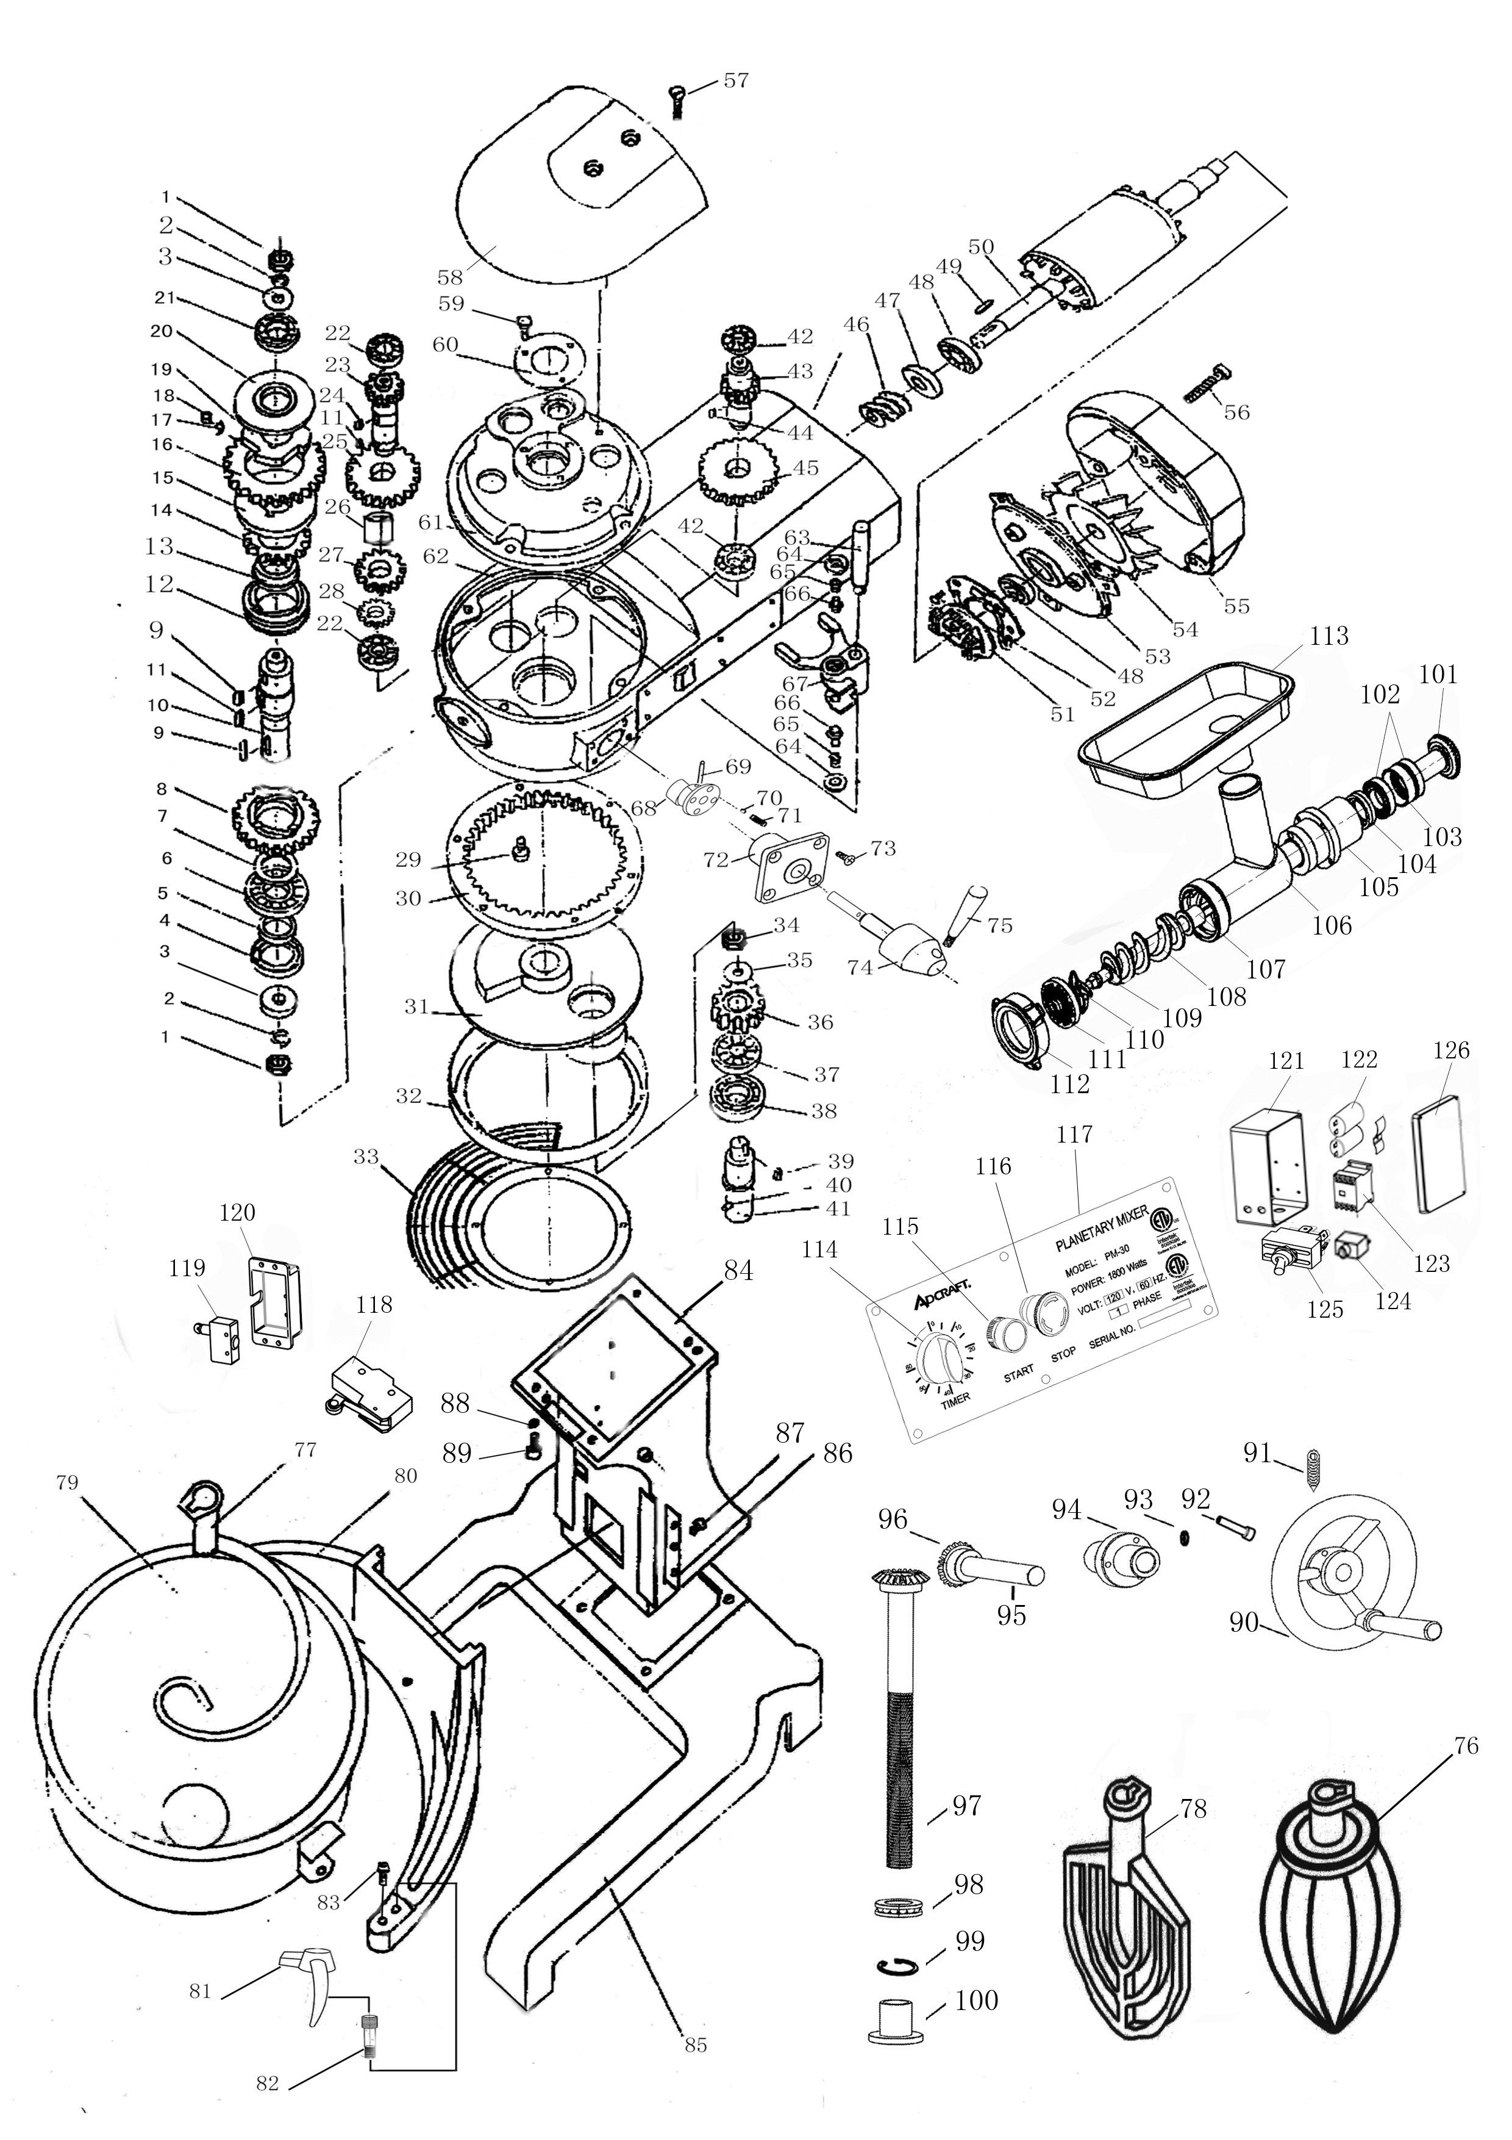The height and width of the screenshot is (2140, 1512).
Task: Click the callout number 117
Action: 1074,1135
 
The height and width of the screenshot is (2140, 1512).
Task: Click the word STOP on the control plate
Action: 1063,1354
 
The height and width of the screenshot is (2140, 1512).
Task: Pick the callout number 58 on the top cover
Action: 450,277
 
